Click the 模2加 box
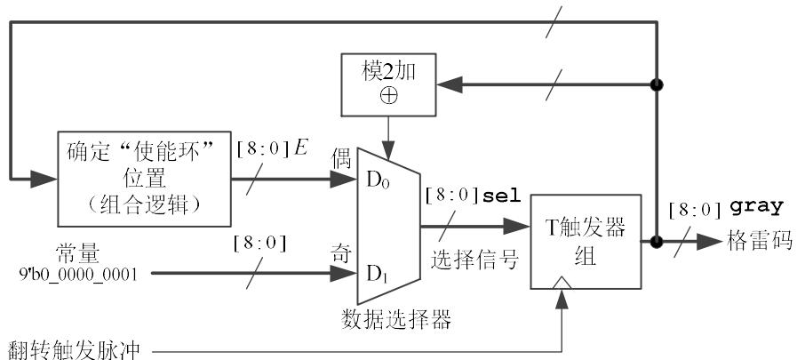388,83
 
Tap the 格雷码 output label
757,240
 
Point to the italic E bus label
300,148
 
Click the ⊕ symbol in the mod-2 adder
388,96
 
